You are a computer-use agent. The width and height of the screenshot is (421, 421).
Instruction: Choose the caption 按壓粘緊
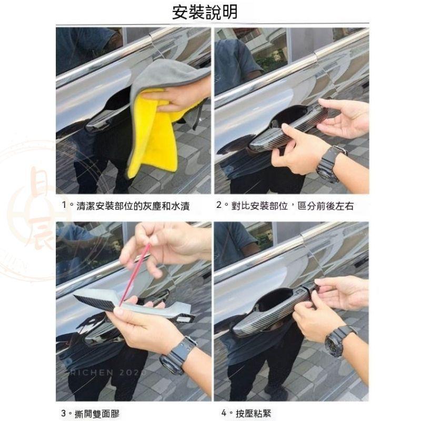(x=255, y=413)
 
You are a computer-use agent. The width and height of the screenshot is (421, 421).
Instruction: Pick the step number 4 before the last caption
(x=224, y=413)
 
